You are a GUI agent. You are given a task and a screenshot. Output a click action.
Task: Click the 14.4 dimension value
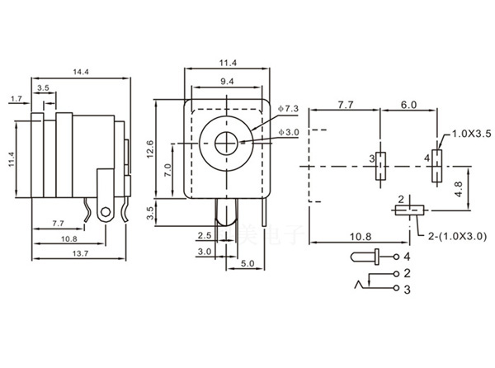click(80, 73)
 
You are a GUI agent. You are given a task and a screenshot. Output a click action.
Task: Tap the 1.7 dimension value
click(16, 99)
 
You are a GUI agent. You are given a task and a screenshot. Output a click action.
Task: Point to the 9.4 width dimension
click(226, 82)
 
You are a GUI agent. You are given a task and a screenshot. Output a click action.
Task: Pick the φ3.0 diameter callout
click(292, 132)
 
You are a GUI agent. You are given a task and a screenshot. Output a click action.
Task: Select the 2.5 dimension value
click(205, 235)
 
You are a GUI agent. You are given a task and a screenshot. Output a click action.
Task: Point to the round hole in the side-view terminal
click(104, 213)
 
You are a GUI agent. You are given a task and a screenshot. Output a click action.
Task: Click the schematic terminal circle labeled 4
click(395, 257)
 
